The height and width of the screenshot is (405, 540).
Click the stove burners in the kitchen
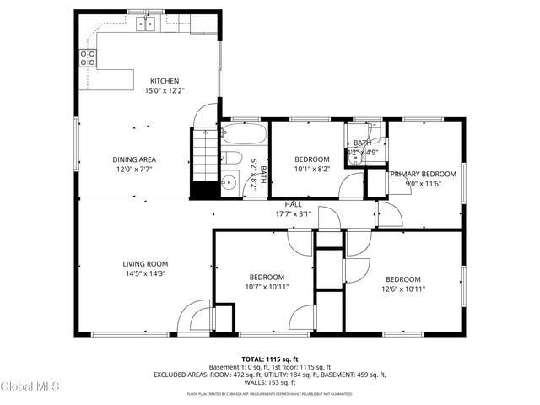tap(87, 57)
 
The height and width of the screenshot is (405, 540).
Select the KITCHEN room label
tap(165, 81)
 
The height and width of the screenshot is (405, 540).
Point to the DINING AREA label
tap(134, 159)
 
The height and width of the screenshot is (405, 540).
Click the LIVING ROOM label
tap(145, 263)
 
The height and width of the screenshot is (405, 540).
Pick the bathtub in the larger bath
tap(245, 135)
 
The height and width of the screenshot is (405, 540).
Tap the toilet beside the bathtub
tap(234, 159)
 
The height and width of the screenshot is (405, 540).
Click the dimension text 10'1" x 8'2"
tap(311, 169)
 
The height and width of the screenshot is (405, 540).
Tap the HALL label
tap(293, 204)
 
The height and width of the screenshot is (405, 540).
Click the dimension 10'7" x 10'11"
tap(267, 287)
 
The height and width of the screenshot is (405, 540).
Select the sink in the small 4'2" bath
tap(354, 158)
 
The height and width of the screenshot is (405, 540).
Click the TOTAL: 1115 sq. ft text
tap(269, 359)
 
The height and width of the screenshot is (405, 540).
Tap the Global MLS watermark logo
tap(30, 386)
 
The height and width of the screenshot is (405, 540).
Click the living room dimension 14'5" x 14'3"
tap(145, 273)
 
